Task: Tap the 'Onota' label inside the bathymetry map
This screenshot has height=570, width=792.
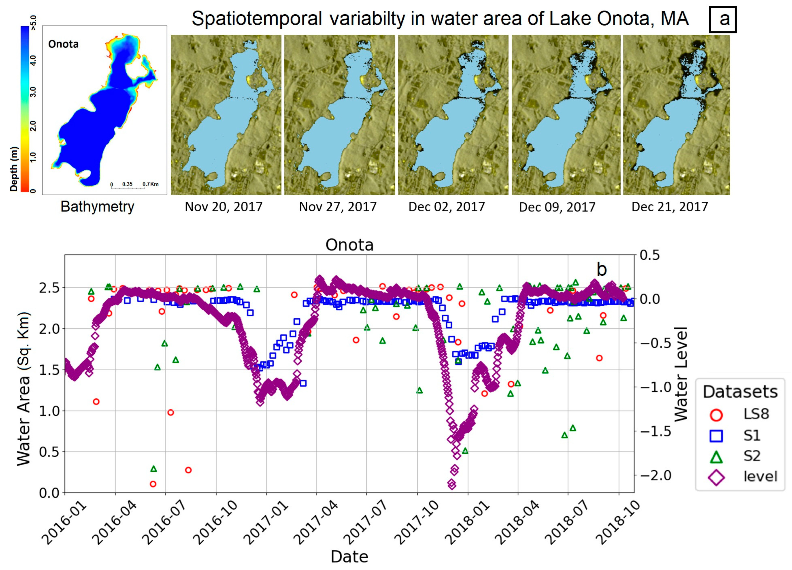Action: [63, 44]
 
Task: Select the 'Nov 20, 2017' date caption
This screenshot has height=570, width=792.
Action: [224, 207]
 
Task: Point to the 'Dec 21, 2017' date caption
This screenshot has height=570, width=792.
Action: [669, 207]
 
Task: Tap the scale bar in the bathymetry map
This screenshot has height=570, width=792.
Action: [128, 188]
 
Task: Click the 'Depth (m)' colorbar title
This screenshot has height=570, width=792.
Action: [14, 169]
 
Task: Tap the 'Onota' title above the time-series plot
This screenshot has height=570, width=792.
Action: [349, 245]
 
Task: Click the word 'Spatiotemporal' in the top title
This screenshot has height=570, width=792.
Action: [257, 19]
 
